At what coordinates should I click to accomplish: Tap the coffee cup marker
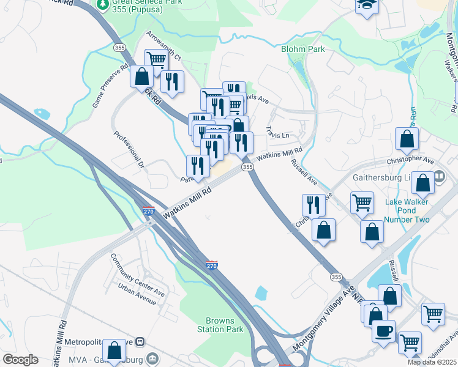point(384,331)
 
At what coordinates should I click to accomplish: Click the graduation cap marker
point(367,5)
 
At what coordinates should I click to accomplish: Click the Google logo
point(20,360)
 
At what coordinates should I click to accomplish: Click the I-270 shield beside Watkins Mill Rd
point(149,212)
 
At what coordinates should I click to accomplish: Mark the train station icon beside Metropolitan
point(140,341)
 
